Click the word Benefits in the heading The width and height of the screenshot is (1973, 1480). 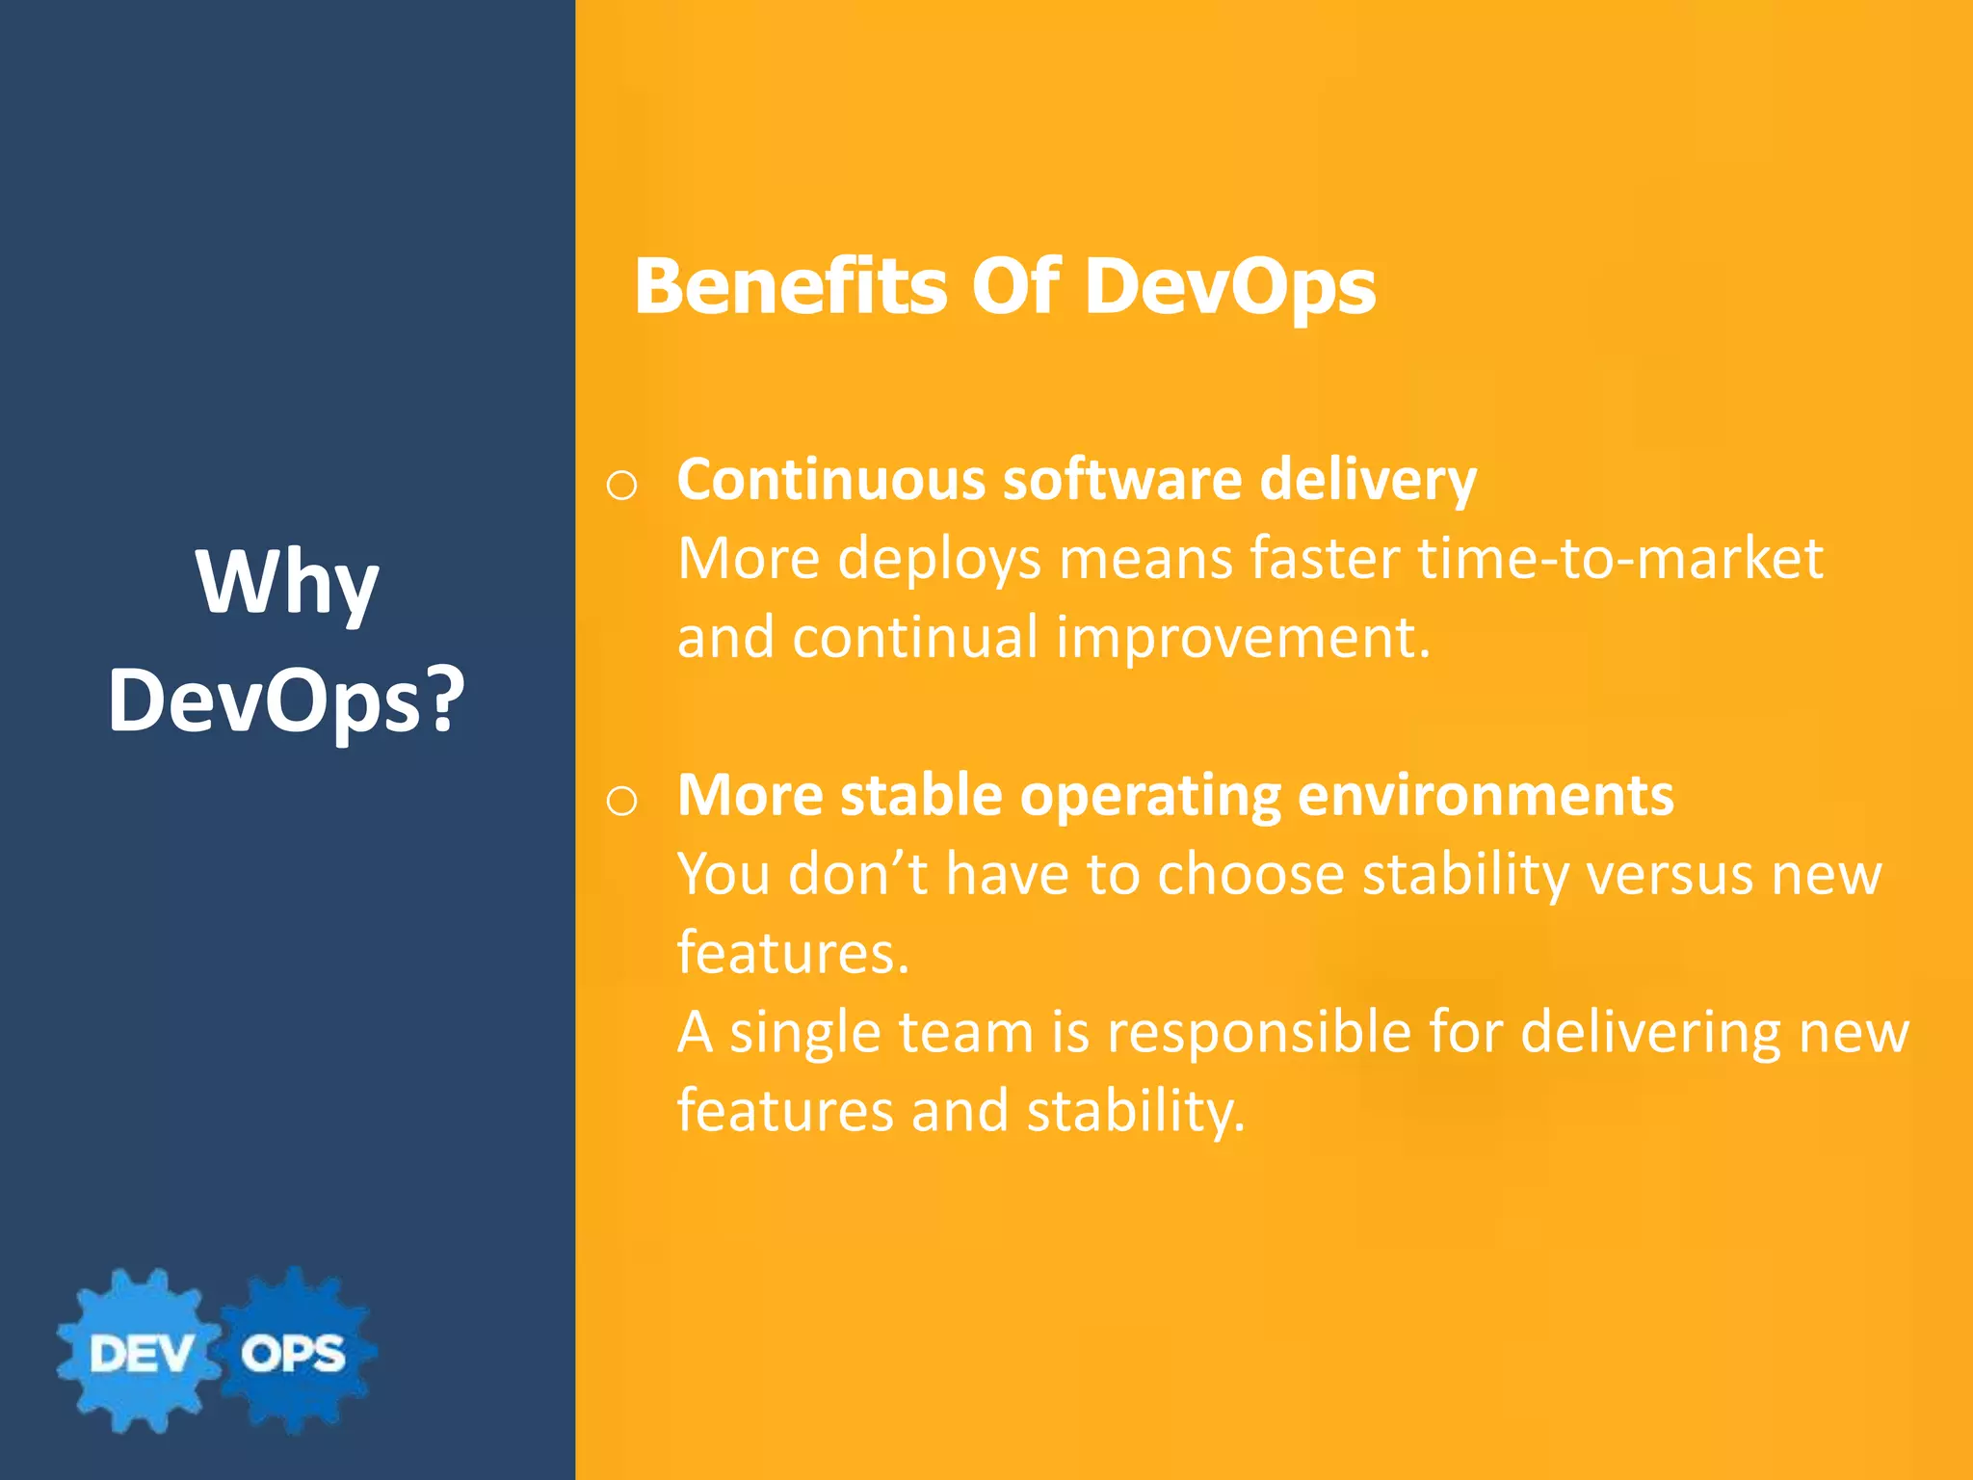click(x=790, y=286)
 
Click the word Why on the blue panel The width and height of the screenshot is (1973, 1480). click(x=287, y=582)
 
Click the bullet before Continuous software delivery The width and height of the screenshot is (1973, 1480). click(x=621, y=485)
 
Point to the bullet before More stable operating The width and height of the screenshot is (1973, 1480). click(x=621, y=800)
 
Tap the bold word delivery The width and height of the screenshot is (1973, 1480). click(x=1367, y=479)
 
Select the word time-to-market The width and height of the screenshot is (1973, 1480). click(x=1619, y=558)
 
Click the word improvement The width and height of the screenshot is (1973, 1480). click(x=1243, y=637)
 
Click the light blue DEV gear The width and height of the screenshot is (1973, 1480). click(x=140, y=1352)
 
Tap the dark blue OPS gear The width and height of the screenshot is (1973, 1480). click(x=294, y=1352)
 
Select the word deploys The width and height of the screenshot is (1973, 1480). click(x=938, y=558)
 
